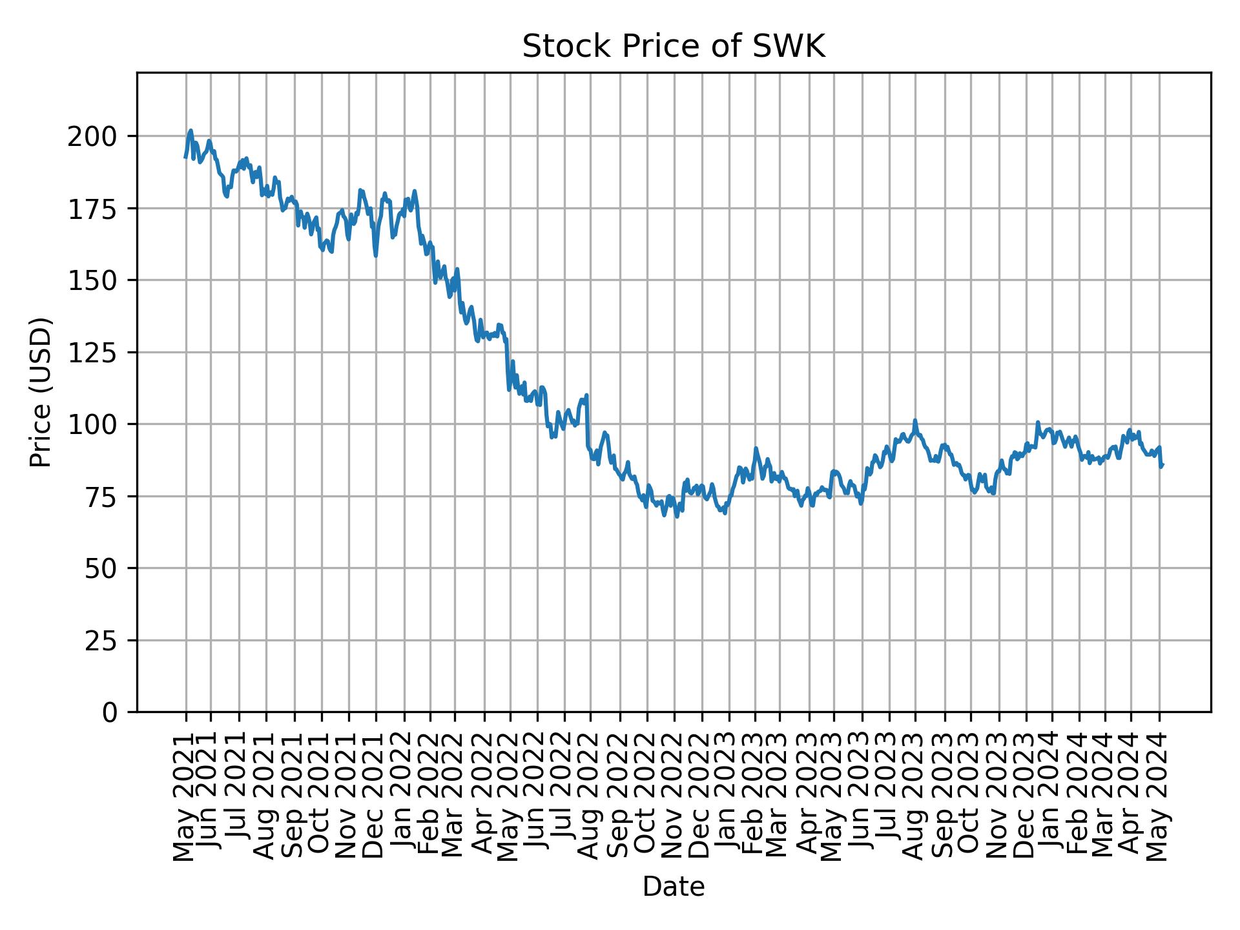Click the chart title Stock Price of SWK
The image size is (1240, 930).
click(673, 47)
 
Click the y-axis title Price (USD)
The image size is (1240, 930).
click(41, 392)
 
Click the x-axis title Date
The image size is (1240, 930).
click(673, 887)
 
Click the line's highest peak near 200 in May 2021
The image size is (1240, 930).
click(190, 130)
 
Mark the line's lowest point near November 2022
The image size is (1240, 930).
click(676, 516)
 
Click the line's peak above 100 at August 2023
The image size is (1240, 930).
click(914, 420)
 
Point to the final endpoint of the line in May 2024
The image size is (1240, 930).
click(1162, 465)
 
